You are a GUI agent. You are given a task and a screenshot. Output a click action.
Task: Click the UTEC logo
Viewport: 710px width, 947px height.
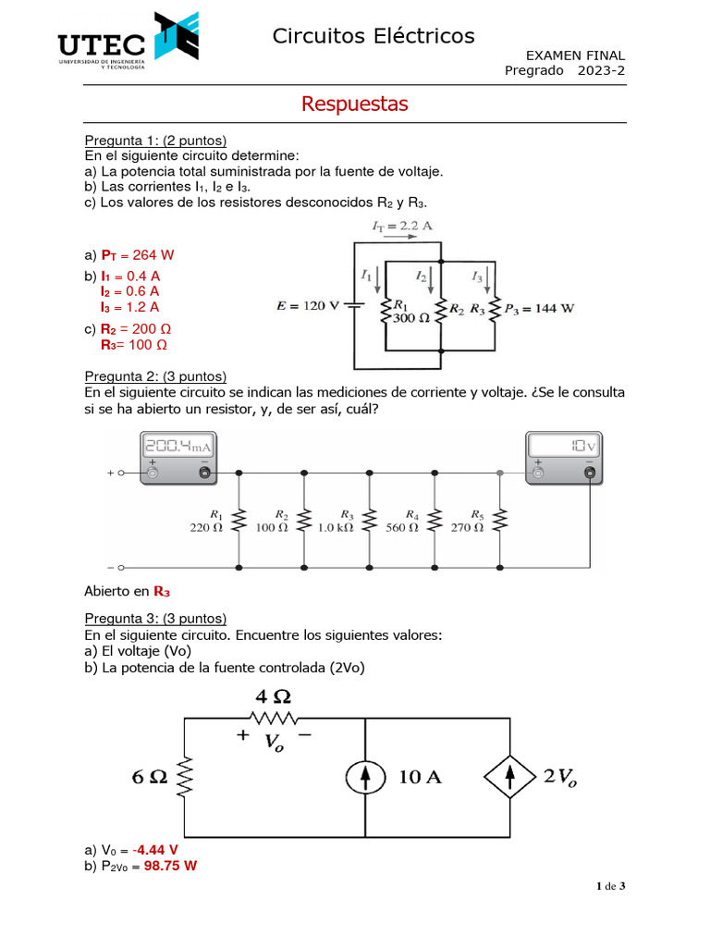[128, 44]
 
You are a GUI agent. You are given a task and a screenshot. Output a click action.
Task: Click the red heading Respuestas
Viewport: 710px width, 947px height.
[354, 104]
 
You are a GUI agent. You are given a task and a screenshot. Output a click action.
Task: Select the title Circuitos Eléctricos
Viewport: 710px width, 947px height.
[373, 36]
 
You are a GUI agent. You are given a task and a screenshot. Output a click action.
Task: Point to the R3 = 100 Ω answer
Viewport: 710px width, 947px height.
[134, 345]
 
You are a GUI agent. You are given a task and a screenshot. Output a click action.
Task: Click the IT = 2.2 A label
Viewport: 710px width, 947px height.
[402, 226]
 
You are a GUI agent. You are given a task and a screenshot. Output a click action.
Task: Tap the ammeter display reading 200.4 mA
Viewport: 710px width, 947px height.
[177, 449]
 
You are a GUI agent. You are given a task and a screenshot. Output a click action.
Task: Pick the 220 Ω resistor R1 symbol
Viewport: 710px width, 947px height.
[239, 521]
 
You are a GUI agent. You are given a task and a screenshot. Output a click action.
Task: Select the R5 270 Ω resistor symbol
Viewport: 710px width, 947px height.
[500, 521]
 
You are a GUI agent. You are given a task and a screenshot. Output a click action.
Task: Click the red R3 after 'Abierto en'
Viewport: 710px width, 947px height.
[162, 591]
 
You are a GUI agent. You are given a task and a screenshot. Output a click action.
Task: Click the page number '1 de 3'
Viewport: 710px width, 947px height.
[610, 887]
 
